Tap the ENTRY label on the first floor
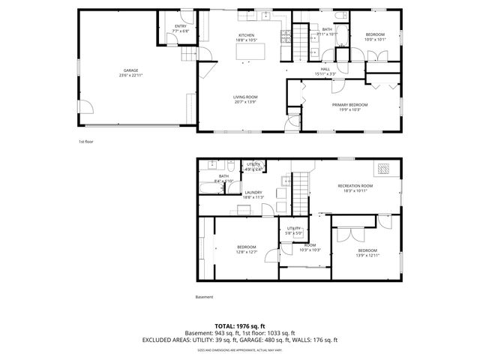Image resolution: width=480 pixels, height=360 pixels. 180,28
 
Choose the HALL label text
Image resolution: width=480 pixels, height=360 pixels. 325,70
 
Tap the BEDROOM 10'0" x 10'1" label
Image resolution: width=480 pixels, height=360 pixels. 375,37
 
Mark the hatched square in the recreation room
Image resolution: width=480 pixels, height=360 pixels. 385,168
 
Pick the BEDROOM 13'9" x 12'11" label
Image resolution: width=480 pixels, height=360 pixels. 367,251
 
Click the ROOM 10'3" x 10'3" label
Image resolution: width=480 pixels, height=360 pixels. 310,246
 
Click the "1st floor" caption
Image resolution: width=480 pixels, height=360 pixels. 85,141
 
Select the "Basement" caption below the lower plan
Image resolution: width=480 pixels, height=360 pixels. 204,297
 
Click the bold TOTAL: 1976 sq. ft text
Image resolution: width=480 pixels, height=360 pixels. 240,326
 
